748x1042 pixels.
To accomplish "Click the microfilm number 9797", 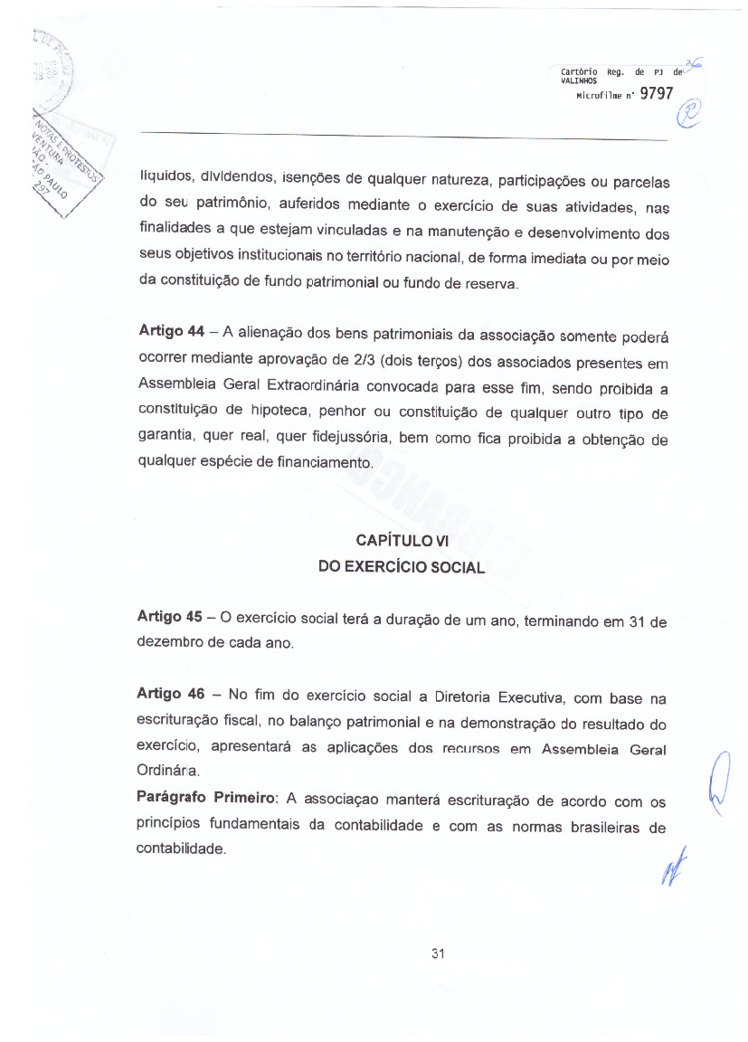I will point(657,98).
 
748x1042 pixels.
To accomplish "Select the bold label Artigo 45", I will point(169,617).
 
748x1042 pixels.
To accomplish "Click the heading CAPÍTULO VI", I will point(402,541).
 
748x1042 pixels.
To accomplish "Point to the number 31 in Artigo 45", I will point(637,620).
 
